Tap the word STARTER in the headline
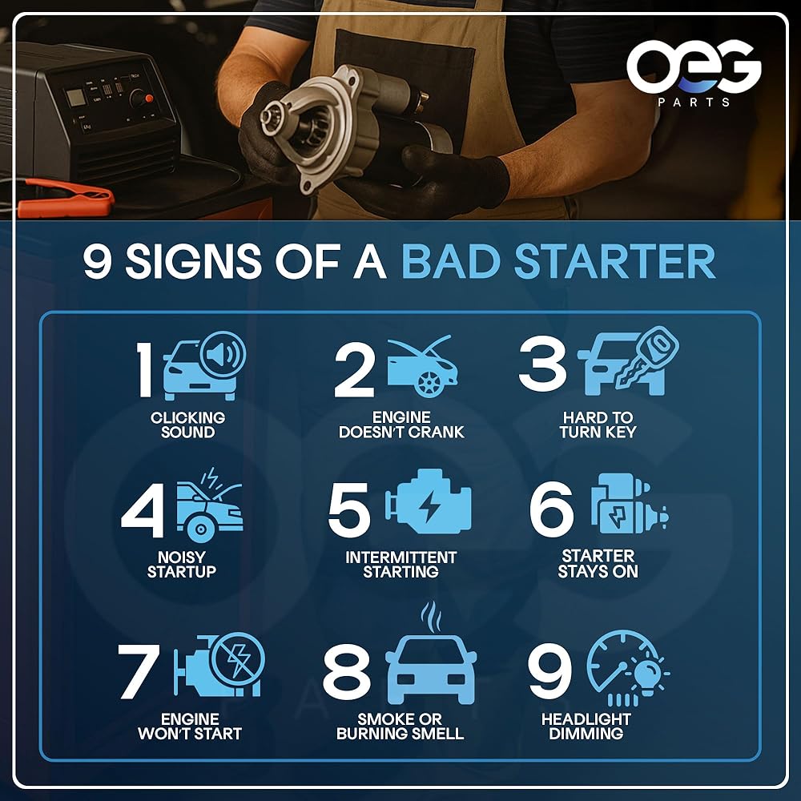(x=614, y=261)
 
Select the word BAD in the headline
(x=450, y=261)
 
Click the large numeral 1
(x=144, y=368)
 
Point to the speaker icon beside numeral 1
(x=223, y=354)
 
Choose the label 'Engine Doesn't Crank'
(x=401, y=425)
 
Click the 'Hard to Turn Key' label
(x=598, y=425)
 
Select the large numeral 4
(x=143, y=509)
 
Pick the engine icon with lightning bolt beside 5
(x=428, y=501)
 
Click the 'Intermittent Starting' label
(x=401, y=564)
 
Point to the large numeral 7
(x=138, y=670)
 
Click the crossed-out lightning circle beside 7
(x=238, y=658)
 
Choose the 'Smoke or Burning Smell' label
(x=400, y=726)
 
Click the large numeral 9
(x=549, y=670)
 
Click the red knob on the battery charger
(x=149, y=98)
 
